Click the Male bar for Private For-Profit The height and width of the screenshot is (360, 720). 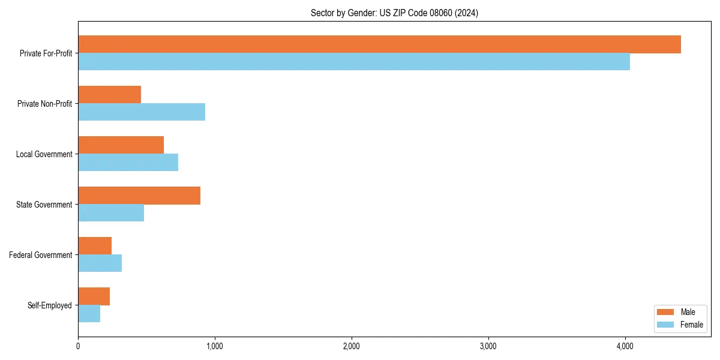(x=379, y=44)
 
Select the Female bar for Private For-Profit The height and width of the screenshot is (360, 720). (x=354, y=62)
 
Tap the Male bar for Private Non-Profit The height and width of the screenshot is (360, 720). (x=110, y=95)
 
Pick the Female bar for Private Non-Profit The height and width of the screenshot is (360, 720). (x=142, y=112)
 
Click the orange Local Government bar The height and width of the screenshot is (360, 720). (x=121, y=145)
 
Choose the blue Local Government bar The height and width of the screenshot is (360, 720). (x=128, y=163)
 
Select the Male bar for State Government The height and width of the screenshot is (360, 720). (x=139, y=196)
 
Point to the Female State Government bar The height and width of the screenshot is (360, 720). (x=111, y=213)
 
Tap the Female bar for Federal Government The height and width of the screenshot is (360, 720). (x=100, y=263)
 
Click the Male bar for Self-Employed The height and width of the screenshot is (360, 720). (x=94, y=296)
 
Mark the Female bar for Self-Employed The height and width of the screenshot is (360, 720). (x=89, y=314)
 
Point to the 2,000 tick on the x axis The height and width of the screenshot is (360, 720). (x=352, y=346)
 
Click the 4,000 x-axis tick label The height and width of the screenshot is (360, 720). (x=625, y=346)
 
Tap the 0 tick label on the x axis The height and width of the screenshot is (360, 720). (x=78, y=346)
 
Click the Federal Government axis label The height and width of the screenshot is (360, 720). (x=41, y=255)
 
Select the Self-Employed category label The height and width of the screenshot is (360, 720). (x=50, y=305)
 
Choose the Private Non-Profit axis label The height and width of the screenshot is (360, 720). (x=44, y=104)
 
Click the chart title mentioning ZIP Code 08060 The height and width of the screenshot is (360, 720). (x=394, y=13)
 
